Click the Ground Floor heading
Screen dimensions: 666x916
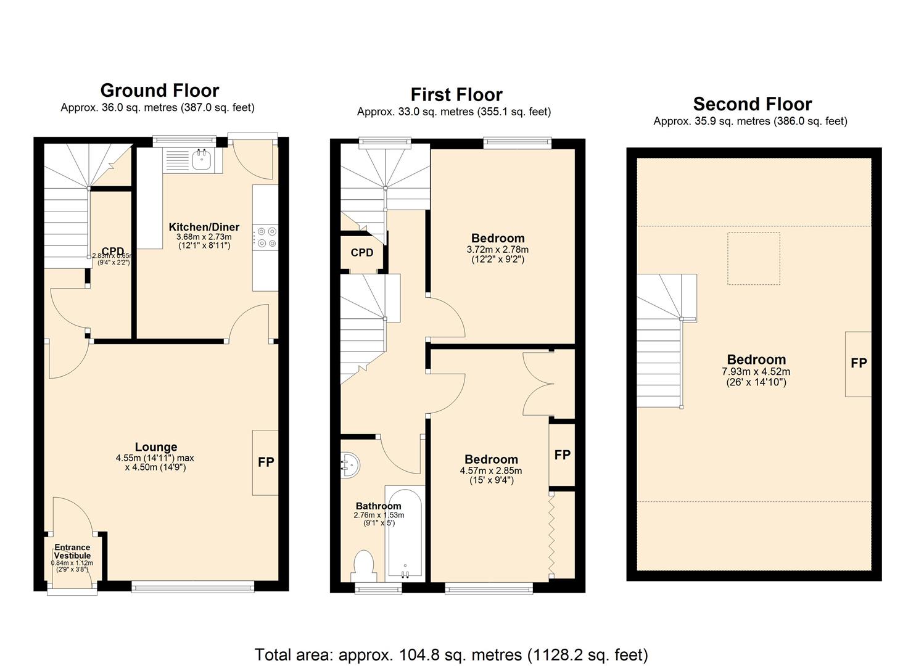[x=159, y=91]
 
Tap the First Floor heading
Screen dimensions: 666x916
[x=456, y=94]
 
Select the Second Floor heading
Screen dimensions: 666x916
[x=752, y=104]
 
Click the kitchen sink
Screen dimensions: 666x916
[x=202, y=160]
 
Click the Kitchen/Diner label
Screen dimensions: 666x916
[x=204, y=227]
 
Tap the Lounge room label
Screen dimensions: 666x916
[x=156, y=447]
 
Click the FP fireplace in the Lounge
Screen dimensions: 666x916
[x=265, y=462]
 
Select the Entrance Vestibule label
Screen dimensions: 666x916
[x=72, y=551]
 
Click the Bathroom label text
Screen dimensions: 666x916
[x=378, y=506]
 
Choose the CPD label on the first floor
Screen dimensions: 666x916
[x=361, y=253]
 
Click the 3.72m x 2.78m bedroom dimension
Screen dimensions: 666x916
[x=497, y=250]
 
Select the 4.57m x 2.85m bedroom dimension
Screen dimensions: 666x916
[x=491, y=471]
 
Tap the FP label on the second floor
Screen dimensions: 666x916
[x=859, y=363]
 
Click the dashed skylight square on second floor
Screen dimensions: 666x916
[x=753, y=258]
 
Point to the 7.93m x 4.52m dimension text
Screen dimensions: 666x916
[x=756, y=372]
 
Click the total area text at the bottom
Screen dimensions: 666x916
[x=451, y=654]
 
